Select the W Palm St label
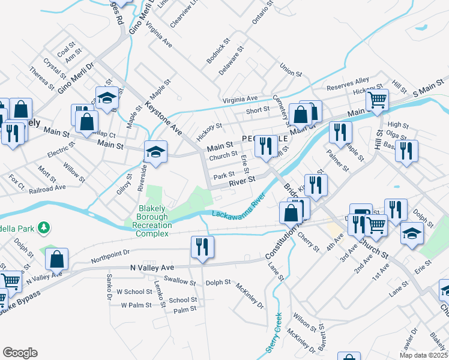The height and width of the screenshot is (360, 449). click(x=134, y=305)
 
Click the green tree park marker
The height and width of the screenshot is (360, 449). click(x=43, y=227)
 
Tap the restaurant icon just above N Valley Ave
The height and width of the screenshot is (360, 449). click(x=201, y=247)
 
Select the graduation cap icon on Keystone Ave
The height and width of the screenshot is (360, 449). click(x=155, y=151)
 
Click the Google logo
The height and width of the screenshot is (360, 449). click(x=20, y=352)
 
